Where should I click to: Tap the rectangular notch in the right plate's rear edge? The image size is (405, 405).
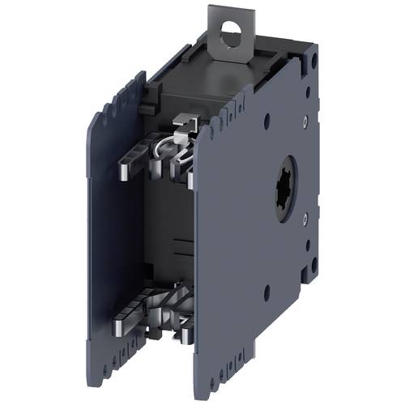313,243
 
